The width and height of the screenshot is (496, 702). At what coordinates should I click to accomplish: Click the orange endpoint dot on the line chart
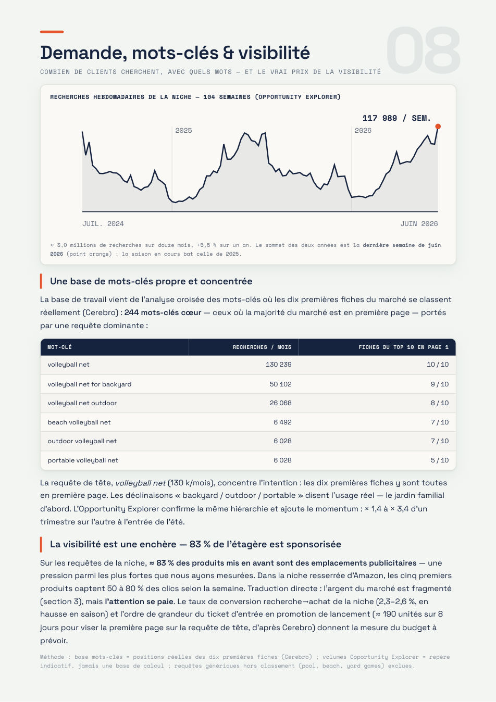438,127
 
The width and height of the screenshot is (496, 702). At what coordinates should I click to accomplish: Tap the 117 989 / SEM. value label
396,118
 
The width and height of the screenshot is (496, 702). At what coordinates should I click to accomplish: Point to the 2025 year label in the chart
183,130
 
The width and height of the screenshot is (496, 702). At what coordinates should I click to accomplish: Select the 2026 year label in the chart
363,130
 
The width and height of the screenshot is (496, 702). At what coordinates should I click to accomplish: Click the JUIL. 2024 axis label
103,224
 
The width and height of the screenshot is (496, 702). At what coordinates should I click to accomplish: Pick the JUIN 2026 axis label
419,224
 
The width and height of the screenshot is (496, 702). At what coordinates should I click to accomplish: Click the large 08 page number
423,50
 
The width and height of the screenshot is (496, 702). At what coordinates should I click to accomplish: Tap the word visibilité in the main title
274,52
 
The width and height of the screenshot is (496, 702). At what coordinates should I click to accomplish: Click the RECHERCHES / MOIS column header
262,347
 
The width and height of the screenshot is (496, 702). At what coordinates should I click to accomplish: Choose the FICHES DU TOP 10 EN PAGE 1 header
403,347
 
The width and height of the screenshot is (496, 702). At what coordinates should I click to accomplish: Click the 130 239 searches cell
278,365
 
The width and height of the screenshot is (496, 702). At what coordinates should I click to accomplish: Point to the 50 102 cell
281,384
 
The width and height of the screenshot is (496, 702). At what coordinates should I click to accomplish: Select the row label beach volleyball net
79,422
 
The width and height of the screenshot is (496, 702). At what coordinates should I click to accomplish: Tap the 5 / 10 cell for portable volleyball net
440,460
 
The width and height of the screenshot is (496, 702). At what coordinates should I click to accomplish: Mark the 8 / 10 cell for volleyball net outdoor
440,403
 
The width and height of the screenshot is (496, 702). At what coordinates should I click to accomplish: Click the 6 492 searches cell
282,422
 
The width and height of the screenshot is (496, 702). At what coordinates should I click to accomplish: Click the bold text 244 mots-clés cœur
163,312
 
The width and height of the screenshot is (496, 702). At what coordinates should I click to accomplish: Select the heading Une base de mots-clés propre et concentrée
151,281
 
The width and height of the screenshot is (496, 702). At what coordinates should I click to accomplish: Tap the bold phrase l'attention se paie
139,601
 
